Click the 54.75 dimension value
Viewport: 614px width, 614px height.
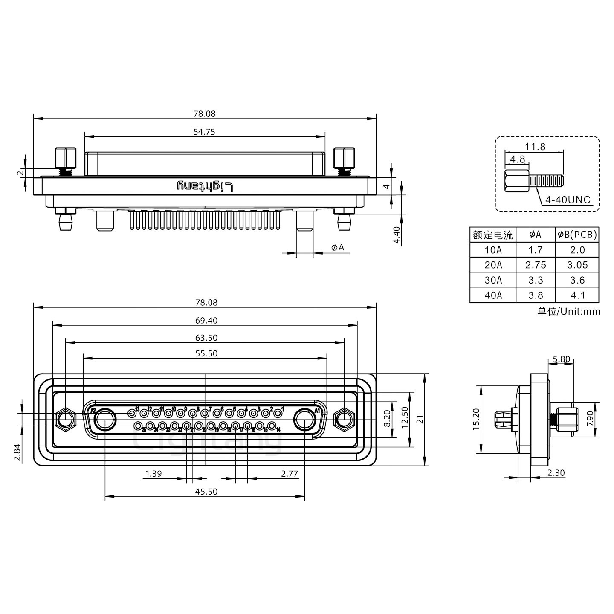(x=204, y=132)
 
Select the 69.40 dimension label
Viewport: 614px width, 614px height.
(x=204, y=321)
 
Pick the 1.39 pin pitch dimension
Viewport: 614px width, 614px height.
(x=153, y=473)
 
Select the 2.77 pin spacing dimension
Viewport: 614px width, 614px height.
(x=290, y=473)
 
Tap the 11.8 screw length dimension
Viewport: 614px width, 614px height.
(x=535, y=147)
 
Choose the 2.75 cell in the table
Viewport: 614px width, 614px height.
(x=536, y=265)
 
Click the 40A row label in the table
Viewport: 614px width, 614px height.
(x=493, y=295)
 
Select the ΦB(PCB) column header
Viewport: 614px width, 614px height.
(x=577, y=235)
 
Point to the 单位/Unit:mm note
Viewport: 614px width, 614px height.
(x=568, y=311)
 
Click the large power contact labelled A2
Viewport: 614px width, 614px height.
(x=104, y=420)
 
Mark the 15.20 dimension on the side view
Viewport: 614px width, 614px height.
(x=476, y=419)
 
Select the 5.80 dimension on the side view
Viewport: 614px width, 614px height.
(x=561, y=359)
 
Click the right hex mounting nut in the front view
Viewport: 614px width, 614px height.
(x=344, y=419)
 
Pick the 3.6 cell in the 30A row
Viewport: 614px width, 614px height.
(x=577, y=280)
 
